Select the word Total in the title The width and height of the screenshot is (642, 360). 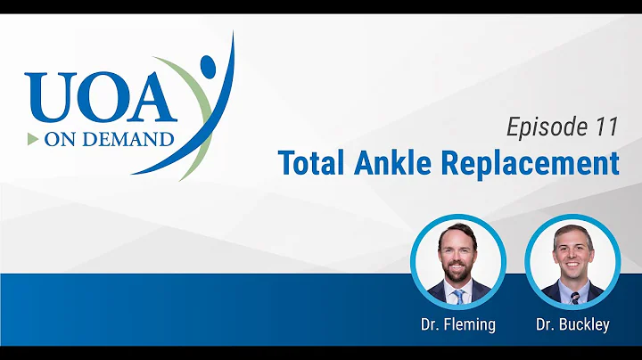click(309, 163)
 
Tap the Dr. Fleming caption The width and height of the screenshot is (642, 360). click(457, 324)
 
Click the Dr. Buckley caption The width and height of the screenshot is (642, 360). click(572, 324)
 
